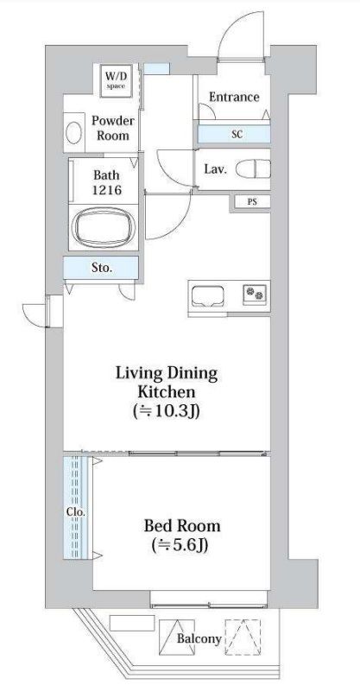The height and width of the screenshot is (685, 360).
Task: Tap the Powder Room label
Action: point(112,128)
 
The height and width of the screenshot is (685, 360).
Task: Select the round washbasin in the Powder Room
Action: point(73,132)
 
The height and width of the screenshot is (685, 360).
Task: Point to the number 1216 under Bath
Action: point(106,190)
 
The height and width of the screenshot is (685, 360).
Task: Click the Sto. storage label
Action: point(102,268)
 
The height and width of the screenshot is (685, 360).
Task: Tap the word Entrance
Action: point(234,97)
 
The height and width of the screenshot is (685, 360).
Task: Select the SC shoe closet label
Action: point(237,134)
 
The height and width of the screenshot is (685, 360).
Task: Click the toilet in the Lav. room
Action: point(253,168)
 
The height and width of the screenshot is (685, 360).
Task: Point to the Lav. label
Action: point(216,169)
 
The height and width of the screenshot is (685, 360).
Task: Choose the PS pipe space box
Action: point(252,202)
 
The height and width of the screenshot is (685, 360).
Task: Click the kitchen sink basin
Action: point(208,295)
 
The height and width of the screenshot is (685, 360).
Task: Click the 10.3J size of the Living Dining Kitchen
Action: point(167,411)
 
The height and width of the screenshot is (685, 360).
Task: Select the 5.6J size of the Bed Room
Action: point(180,545)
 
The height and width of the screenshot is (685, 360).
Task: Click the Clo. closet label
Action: point(76,511)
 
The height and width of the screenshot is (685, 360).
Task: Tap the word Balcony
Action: point(199,639)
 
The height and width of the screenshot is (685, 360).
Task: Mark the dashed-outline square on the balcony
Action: point(243,637)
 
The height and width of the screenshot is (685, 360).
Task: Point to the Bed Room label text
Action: point(182,525)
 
